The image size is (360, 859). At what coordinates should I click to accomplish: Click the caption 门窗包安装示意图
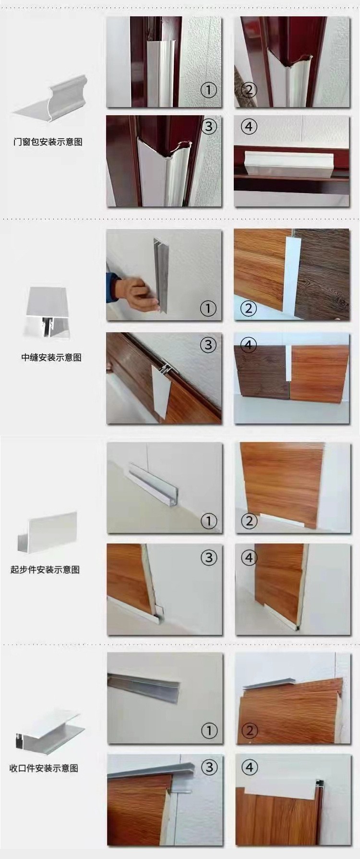click(48, 142)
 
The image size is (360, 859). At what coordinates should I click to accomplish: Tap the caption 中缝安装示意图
click(51, 358)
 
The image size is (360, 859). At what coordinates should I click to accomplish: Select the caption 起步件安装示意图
click(45, 570)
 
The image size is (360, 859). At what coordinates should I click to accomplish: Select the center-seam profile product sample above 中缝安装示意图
click(45, 312)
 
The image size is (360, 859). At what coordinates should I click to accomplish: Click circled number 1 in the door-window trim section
click(208, 90)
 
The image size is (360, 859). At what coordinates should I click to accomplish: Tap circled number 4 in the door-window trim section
click(248, 127)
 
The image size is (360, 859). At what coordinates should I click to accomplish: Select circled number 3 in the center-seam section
click(208, 344)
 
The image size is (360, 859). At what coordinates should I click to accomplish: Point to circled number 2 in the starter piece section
click(249, 521)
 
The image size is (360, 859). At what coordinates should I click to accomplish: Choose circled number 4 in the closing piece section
click(249, 767)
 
